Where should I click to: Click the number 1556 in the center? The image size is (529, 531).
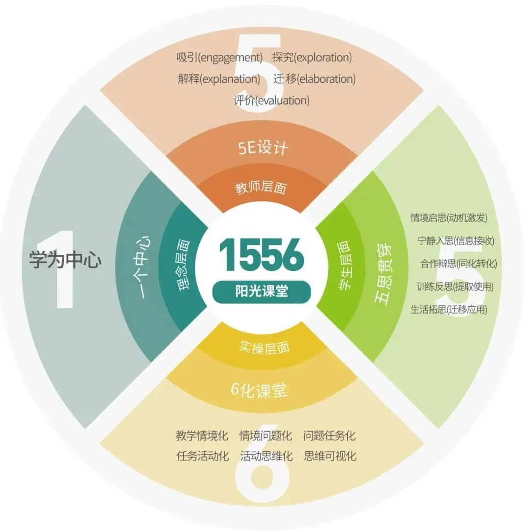pyautogui.click(x=261, y=256)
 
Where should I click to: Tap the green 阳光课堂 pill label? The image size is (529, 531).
pyautogui.click(x=261, y=291)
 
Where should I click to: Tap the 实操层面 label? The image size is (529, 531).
pyautogui.click(x=264, y=347)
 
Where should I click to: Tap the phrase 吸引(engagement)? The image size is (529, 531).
pyautogui.click(x=219, y=57)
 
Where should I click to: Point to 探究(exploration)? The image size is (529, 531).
pyautogui.click(x=312, y=57)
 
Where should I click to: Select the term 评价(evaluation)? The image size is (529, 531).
pyautogui.click(x=271, y=100)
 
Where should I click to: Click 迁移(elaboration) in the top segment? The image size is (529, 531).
pyautogui.click(x=314, y=78)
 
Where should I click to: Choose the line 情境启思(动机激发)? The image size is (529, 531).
pyautogui.click(x=449, y=217)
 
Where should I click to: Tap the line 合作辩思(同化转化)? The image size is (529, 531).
pyautogui.click(x=458, y=264)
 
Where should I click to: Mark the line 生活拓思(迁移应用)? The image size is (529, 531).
pyautogui.click(x=449, y=309)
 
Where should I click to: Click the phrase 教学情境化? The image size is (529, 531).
pyautogui.click(x=202, y=435)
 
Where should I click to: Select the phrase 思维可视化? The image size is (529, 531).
pyautogui.click(x=330, y=456)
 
